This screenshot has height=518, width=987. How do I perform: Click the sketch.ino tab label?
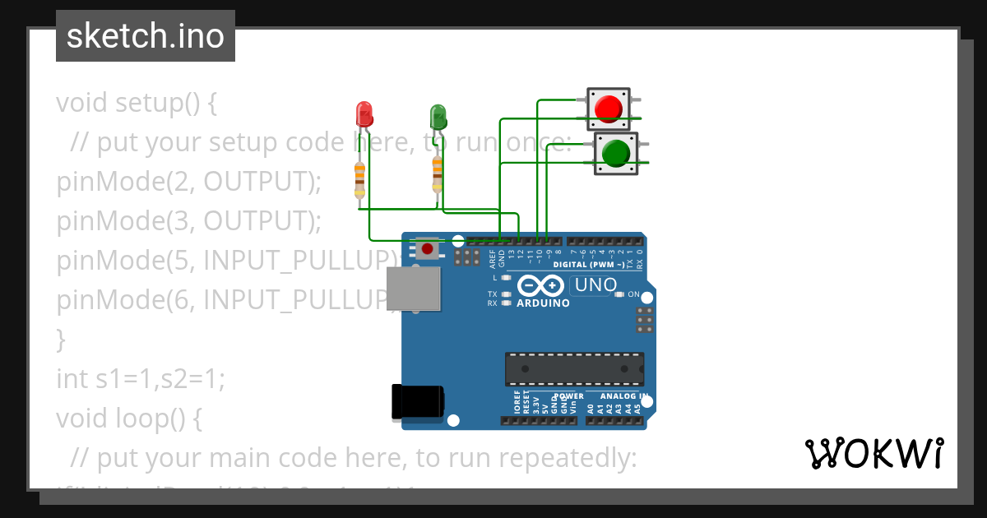pyautogui.click(x=145, y=36)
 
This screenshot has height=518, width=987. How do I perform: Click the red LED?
pyautogui.click(x=364, y=113)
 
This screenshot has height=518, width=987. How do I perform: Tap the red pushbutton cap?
pyautogui.click(x=608, y=109)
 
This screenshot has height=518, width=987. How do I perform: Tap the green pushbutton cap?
pyautogui.click(x=616, y=153)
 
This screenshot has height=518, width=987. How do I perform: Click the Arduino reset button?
pyautogui.click(x=426, y=247)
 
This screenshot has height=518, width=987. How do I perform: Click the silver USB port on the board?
pyautogui.click(x=415, y=293)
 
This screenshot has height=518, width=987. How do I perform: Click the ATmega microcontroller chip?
pyautogui.click(x=574, y=368)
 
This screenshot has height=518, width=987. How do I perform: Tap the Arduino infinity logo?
pyautogui.click(x=540, y=286)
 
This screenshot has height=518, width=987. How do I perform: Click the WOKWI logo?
pyautogui.click(x=873, y=453)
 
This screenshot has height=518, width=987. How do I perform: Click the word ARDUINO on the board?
pyautogui.click(x=542, y=303)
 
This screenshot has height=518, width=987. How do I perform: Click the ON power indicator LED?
pyautogui.click(x=620, y=294)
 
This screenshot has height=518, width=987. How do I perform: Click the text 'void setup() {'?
pyautogui.click(x=137, y=104)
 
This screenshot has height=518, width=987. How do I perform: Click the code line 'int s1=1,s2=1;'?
pyautogui.click(x=140, y=379)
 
